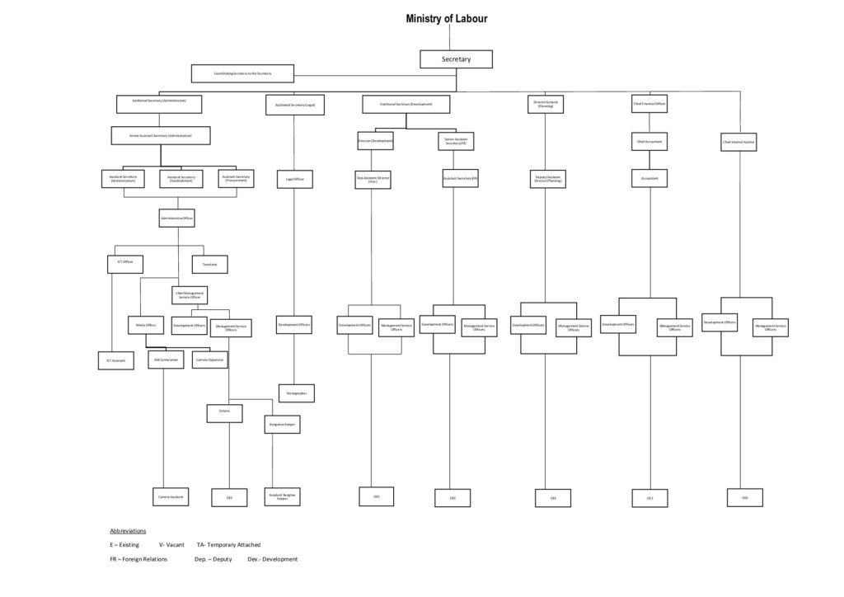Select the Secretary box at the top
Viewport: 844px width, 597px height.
click(x=456, y=59)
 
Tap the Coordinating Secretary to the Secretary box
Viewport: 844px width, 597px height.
click(x=242, y=73)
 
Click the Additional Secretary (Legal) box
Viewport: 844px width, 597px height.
click(x=295, y=105)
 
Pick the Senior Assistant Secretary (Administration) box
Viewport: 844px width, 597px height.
click(x=161, y=135)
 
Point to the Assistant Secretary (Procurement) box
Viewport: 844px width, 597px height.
click(x=237, y=178)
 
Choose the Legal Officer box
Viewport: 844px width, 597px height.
click(x=294, y=179)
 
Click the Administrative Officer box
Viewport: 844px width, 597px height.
click(x=177, y=218)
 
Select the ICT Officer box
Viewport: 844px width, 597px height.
click(x=125, y=264)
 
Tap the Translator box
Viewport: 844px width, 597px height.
click(x=209, y=265)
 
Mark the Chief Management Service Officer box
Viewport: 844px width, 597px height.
click(x=189, y=294)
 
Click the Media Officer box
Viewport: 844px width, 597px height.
click(x=146, y=325)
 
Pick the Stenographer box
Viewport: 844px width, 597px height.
click(x=296, y=393)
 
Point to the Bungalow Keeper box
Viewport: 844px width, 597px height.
click(x=282, y=425)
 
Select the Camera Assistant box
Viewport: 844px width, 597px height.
click(x=171, y=496)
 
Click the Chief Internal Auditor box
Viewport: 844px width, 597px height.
click(x=739, y=142)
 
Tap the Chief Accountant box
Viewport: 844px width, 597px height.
click(x=649, y=141)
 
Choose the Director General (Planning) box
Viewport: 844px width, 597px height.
click(x=546, y=104)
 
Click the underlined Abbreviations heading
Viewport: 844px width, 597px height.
click(x=128, y=530)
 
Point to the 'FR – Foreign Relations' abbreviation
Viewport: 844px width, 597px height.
click(x=138, y=559)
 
